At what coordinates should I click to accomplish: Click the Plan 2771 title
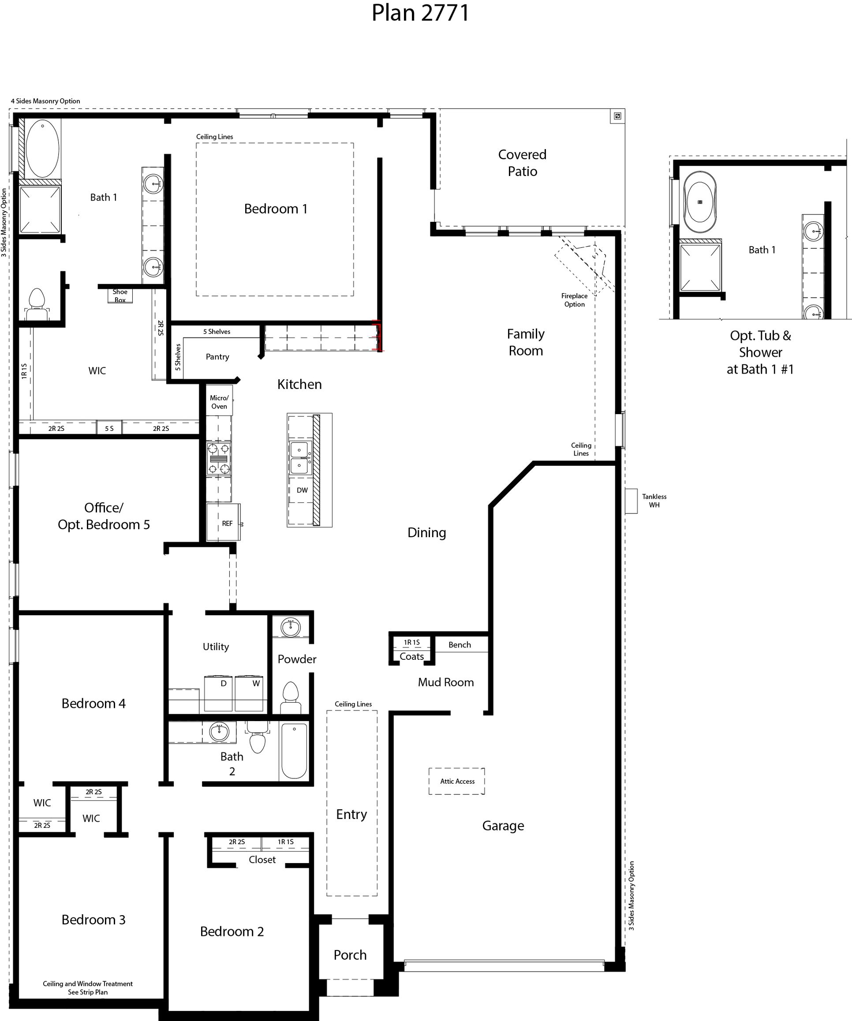tap(420, 13)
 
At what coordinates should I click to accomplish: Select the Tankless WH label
tap(654, 500)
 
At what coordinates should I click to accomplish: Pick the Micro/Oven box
tap(219, 402)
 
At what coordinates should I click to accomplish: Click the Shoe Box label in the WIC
tap(120, 295)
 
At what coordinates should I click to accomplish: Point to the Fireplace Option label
tap(574, 300)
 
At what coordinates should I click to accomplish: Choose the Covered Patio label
tap(522, 162)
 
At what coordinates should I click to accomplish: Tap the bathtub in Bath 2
tap(294, 751)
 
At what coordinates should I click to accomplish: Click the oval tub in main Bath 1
tap(42, 148)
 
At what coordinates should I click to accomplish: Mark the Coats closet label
tap(411, 656)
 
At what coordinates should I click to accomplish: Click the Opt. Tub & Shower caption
tap(760, 352)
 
